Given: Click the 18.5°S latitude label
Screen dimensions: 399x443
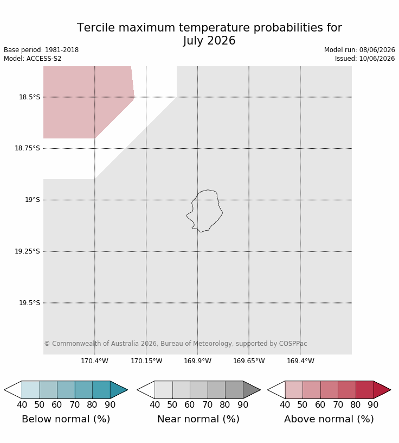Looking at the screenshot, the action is click(x=29, y=97).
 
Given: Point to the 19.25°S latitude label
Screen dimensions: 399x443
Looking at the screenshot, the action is click(x=27, y=251).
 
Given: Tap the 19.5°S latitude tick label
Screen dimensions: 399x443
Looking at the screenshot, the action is click(x=29, y=303).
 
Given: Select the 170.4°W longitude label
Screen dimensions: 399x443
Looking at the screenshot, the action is click(x=94, y=361).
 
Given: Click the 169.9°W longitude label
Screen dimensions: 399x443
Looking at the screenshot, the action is click(x=197, y=361).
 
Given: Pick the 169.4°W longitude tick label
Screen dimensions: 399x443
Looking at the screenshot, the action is click(x=300, y=361).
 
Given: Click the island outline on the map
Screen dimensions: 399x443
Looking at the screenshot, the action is click(x=222, y=212).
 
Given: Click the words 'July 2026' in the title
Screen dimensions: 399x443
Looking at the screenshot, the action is click(x=209, y=40).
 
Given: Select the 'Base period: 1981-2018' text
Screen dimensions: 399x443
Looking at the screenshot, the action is click(x=41, y=50).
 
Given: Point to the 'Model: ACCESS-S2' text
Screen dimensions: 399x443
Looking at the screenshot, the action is click(x=33, y=59).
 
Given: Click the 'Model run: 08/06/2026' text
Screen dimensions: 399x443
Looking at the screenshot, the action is click(x=359, y=50).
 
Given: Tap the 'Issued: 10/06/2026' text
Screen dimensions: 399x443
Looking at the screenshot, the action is click(x=364, y=59).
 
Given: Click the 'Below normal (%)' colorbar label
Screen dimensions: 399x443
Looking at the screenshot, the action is click(x=66, y=419).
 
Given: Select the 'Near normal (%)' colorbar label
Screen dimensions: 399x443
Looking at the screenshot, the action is click(x=198, y=419).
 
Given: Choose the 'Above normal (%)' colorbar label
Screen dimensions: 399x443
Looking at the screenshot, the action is click(x=329, y=419).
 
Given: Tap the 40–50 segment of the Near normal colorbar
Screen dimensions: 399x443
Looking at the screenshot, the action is click(x=164, y=390).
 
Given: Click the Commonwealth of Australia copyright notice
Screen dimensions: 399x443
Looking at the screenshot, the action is click(x=176, y=344).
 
